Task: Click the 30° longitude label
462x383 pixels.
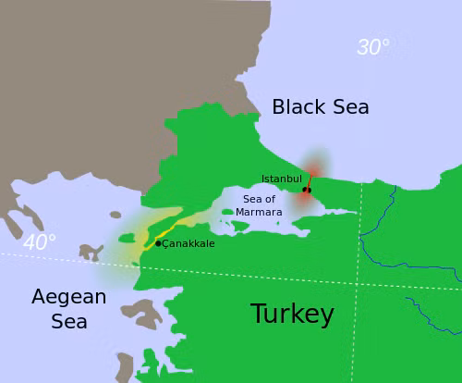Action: [x=372, y=47]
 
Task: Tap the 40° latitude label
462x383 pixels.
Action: [x=40, y=242]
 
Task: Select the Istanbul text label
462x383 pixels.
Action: [x=282, y=179]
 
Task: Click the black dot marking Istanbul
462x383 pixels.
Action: [x=308, y=190]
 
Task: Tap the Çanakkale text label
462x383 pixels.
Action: [x=188, y=243]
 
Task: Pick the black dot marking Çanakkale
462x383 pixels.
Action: [x=158, y=243]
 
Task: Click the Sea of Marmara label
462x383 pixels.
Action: [x=259, y=205]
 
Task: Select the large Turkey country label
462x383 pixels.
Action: [x=292, y=315]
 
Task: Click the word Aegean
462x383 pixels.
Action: [x=69, y=297]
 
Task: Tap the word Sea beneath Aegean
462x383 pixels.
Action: [x=69, y=322]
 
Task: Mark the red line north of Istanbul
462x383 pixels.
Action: [x=310, y=179]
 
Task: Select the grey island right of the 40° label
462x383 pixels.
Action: [x=91, y=252]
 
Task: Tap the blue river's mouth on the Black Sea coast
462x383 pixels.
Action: [x=395, y=187]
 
